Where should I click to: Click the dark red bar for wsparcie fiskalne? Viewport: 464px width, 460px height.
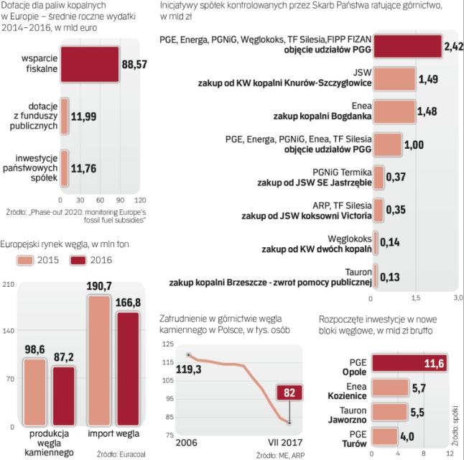[x=90, y=64]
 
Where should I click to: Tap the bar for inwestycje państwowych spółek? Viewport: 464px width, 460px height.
[x=65, y=168]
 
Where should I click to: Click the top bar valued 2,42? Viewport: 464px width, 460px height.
[x=406, y=47]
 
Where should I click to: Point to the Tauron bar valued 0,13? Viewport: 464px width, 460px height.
[x=375, y=275]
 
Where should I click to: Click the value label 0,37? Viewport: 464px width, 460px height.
[x=396, y=176]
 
